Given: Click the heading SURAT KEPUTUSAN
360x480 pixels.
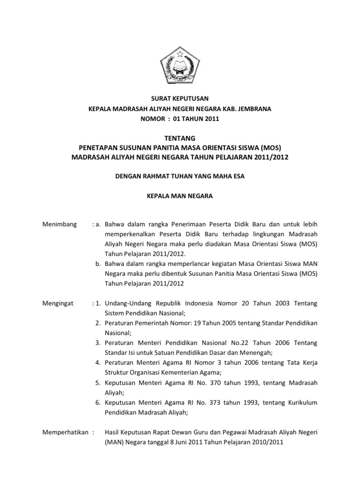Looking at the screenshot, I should [x=180, y=98].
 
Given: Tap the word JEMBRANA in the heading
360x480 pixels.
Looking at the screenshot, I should [x=254, y=109].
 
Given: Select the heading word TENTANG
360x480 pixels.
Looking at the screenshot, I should [x=180, y=137].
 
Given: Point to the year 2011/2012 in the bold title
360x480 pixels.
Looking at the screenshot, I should [x=270, y=157].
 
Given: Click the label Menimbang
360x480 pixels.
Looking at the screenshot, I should [x=59, y=225].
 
